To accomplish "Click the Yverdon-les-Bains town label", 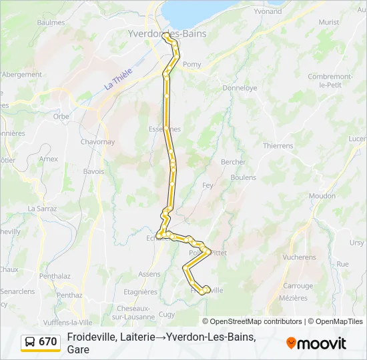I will [x=167, y=33].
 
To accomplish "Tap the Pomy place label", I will [x=192, y=65].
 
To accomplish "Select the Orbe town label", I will [x=61, y=116].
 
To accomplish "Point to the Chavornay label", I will [x=97, y=142].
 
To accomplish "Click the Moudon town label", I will [x=322, y=196].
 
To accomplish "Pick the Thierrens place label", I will [x=278, y=146].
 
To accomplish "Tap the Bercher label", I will [x=233, y=162].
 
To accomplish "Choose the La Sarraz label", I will [x=41, y=209].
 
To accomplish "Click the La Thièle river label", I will [x=118, y=81].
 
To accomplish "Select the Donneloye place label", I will [x=240, y=88].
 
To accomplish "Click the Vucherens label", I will [x=299, y=257].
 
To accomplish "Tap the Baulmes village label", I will [x=51, y=23].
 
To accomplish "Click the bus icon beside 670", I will [x=30, y=342].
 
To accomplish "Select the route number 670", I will [x=48, y=342].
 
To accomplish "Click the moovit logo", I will [x=316, y=343].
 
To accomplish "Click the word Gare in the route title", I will [x=78, y=349].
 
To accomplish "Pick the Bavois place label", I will [x=93, y=171].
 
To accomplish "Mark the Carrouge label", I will [x=298, y=286].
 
